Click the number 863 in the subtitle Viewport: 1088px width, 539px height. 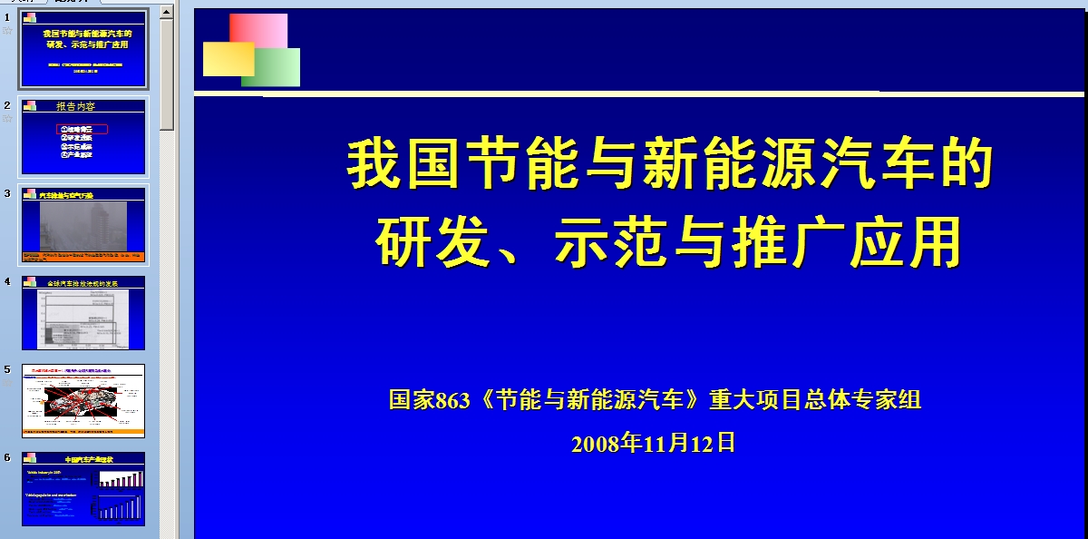[453, 400]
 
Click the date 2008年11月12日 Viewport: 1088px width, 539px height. [653, 443]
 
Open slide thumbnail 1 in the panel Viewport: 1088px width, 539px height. [83, 48]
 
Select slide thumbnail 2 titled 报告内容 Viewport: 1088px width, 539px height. [83, 136]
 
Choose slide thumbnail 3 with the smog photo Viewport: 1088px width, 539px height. [83, 225]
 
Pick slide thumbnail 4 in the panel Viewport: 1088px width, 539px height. [83, 313]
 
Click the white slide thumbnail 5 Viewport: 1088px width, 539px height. [83, 401]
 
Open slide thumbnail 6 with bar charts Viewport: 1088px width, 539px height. [83, 488]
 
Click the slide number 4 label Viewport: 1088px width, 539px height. [7, 281]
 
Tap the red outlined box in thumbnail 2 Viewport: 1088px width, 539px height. [83, 130]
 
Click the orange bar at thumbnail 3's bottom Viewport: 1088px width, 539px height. [83, 257]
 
